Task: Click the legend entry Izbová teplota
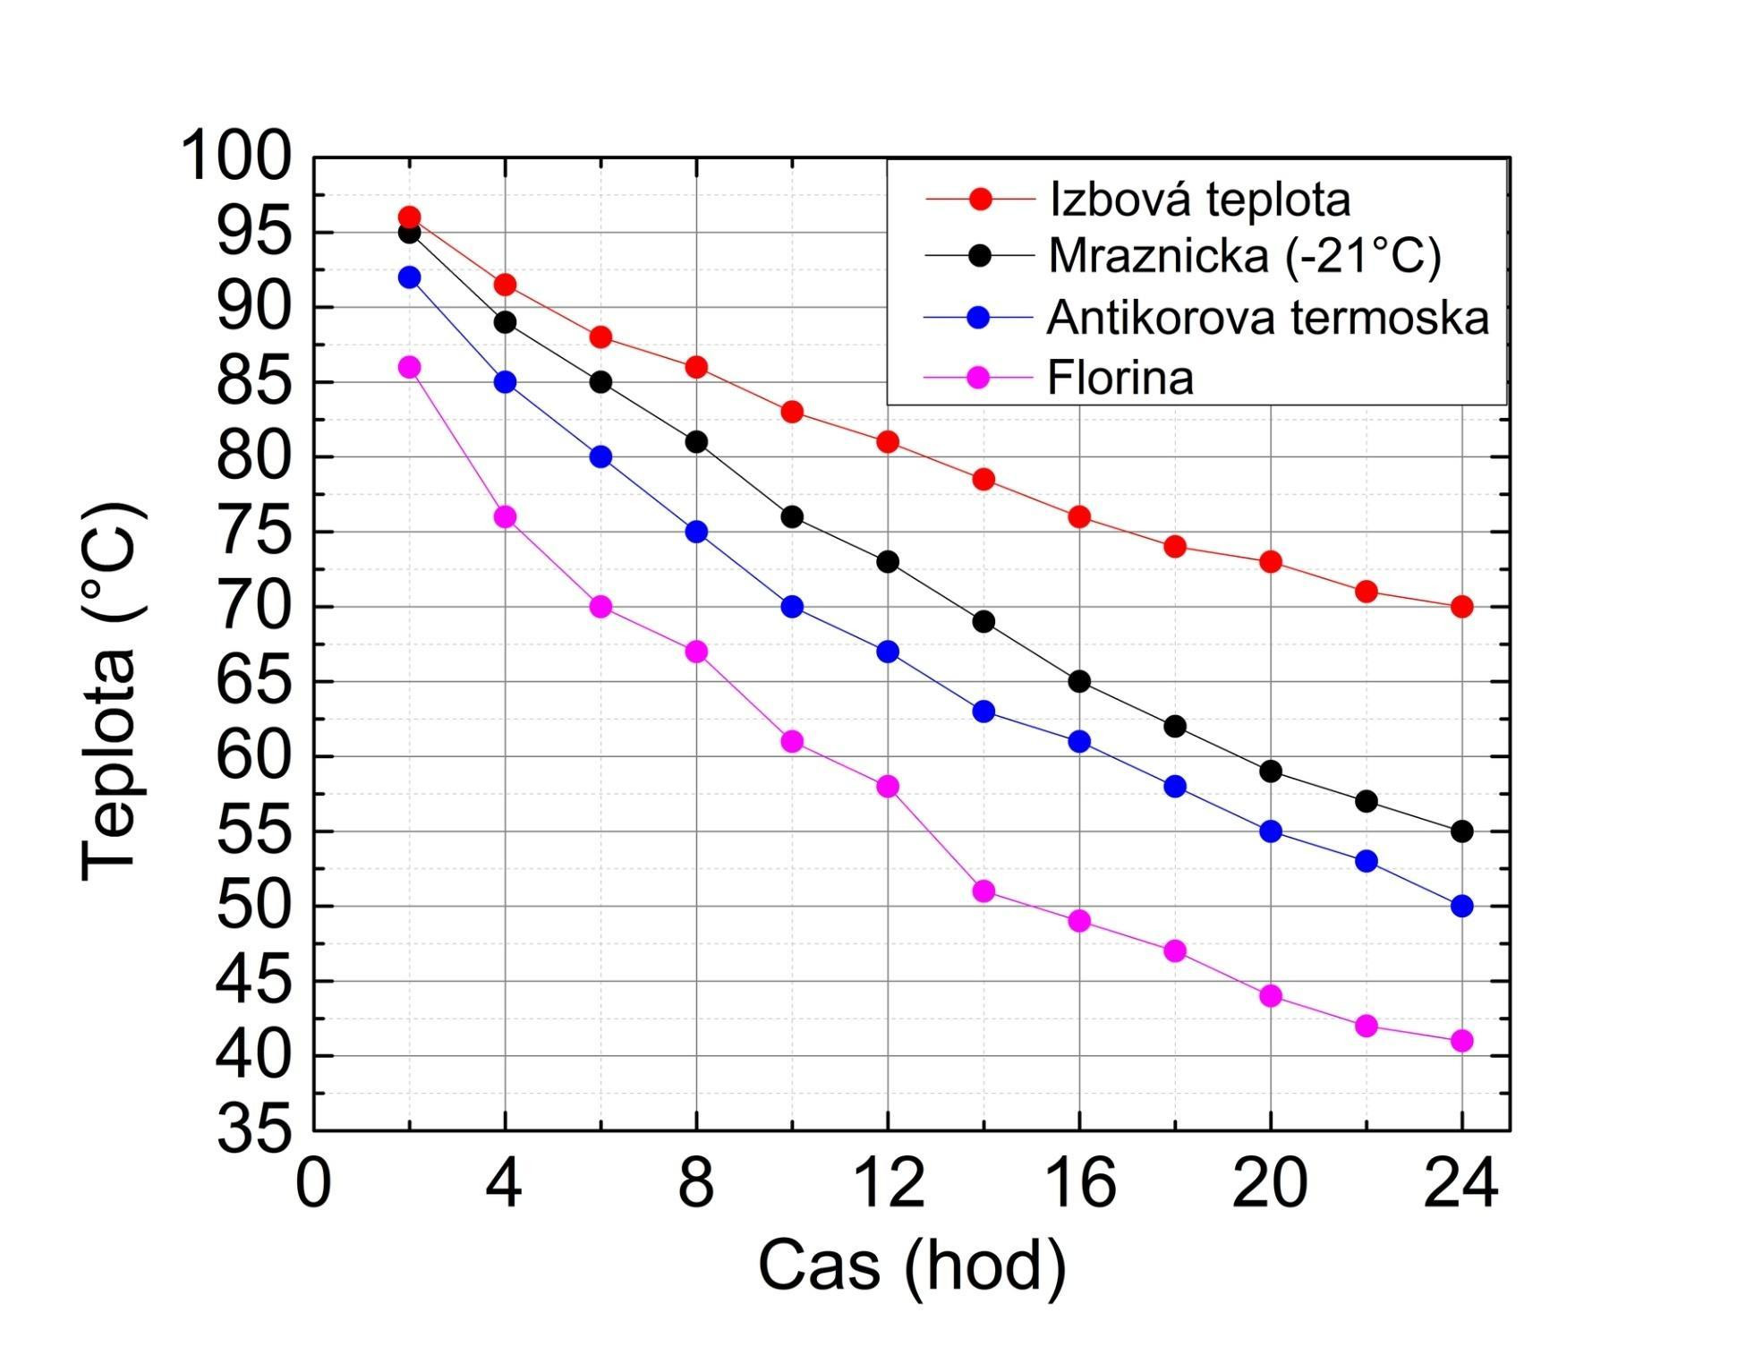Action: click(1199, 199)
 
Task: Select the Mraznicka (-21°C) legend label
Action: click(1244, 256)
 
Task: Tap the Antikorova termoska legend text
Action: click(1267, 318)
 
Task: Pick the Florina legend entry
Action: click(1120, 378)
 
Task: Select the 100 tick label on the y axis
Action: click(236, 157)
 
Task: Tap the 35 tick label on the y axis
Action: click(254, 1129)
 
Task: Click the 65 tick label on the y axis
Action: click(254, 681)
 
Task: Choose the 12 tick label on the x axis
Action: click(888, 1183)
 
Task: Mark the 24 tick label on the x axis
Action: click(1461, 1183)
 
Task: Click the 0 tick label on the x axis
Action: click(313, 1183)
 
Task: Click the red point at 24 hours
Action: click(1461, 607)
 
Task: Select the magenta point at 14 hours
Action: click(983, 891)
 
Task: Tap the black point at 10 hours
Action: click(792, 516)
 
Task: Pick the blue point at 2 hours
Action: click(409, 277)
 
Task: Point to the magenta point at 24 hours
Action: click(1461, 1040)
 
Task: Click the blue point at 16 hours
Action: click(1079, 741)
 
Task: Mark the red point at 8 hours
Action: click(696, 367)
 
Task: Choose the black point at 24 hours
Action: click(1461, 831)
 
